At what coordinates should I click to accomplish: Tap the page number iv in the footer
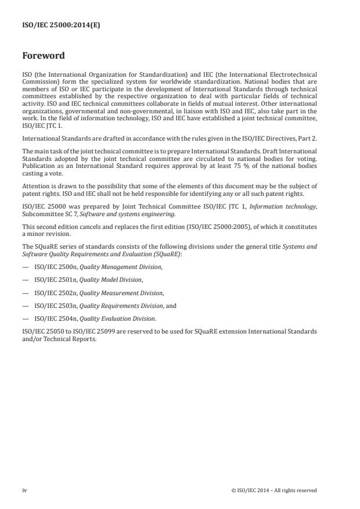click(24, 490)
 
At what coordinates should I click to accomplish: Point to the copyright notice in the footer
click(273, 490)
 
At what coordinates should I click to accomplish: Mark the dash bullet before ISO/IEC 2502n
click(25, 293)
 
